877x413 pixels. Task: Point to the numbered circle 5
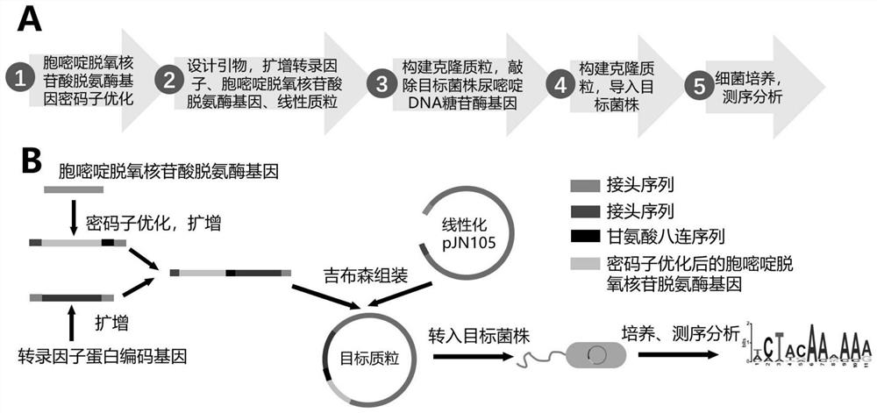[699, 84]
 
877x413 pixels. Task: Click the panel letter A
[32, 16]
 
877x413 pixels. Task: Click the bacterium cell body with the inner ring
[595, 355]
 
